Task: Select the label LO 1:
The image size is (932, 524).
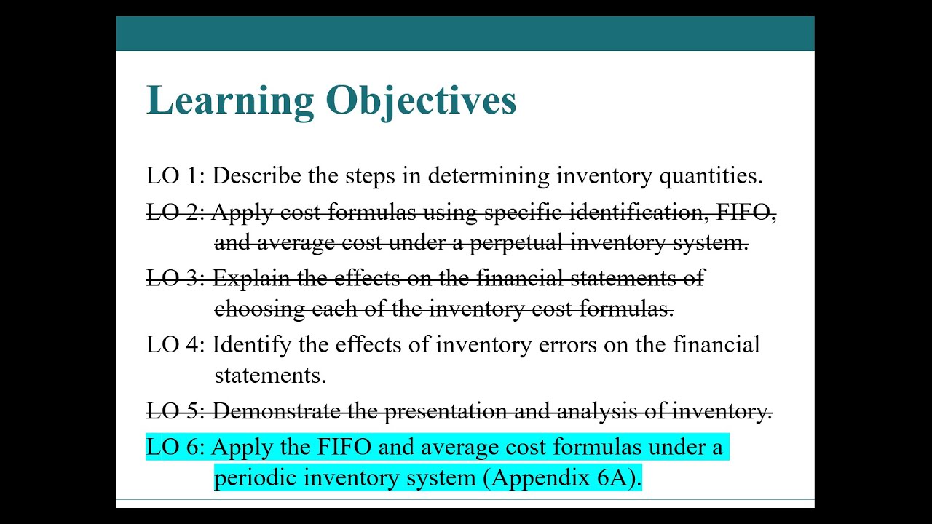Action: (175, 176)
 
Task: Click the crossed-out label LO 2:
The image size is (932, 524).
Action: (175, 213)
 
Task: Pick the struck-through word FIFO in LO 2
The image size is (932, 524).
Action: (746, 213)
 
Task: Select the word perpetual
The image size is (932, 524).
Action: (517, 243)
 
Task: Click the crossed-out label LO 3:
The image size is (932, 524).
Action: (175, 279)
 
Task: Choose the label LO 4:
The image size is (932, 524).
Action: (175, 344)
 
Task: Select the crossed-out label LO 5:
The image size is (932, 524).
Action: (175, 412)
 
